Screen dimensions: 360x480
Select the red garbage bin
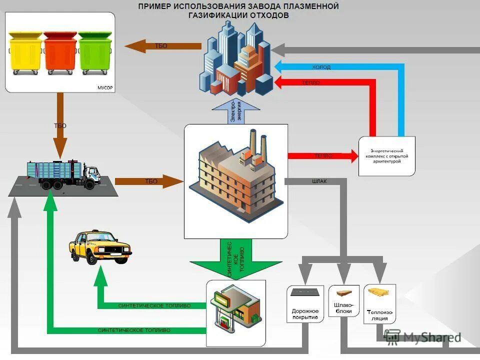[x=60, y=53]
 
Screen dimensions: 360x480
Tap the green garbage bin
[x=95, y=53]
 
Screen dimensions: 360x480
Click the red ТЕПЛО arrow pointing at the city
[x=325, y=82]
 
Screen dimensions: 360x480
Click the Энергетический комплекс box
[x=386, y=155]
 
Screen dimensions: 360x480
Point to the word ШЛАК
[x=319, y=181]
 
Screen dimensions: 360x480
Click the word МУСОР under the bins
[x=104, y=88]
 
